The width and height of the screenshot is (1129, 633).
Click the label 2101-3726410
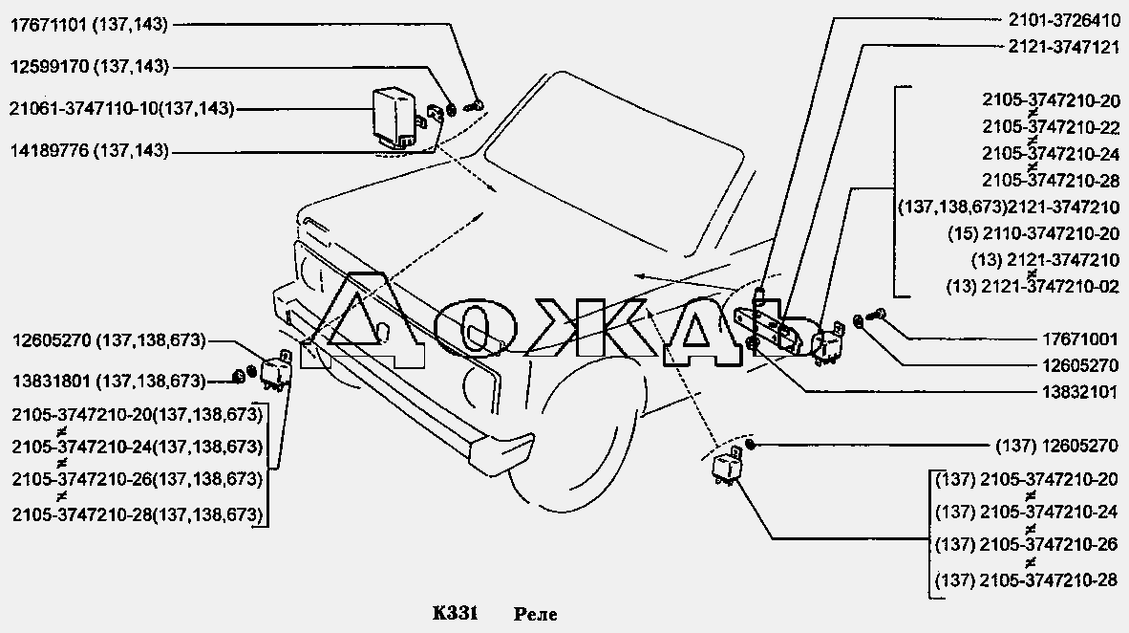pos(1064,22)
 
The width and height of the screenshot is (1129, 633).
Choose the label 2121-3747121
pos(1064,48)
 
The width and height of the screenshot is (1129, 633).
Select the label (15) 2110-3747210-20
pos(1033,233)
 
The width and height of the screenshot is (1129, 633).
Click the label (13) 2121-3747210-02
pos(1033,286)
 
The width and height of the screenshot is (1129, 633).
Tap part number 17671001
pos(1080,339)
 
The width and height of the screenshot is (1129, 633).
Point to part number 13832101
pos(1080,392)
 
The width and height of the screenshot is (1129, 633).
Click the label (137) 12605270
pos(1057,447)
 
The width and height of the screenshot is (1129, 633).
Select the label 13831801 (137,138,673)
pos(109,381)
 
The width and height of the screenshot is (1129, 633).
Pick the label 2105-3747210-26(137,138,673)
pos(137,479)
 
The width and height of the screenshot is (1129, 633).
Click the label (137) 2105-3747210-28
pos(1027,578)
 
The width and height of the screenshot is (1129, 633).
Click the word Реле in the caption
pos(536,614)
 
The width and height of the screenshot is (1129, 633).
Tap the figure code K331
pos(455,614)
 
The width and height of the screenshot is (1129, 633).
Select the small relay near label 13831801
pos(275,371)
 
